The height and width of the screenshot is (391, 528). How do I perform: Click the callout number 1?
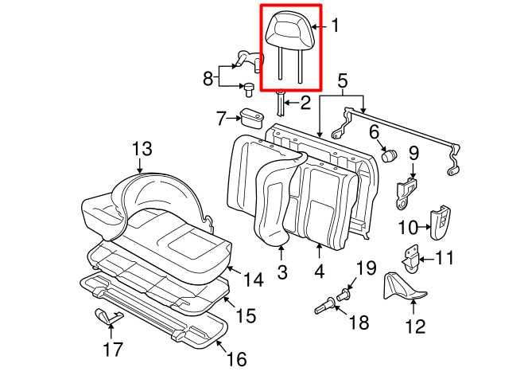[x=335, y=26]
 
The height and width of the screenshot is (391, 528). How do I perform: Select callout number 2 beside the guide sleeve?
[x=305, y=103]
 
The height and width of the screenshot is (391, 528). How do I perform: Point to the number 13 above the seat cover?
[x=141, y=148]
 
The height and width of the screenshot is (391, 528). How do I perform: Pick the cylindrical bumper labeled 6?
[x=390, y=154]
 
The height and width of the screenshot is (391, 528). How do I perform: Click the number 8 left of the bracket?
[x=208, y=78]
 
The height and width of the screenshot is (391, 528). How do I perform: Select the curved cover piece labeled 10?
[x=440, y=224]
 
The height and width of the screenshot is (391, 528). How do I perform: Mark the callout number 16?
[x=236, y=359]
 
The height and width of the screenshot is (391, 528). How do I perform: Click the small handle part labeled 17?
[x=107, y=316]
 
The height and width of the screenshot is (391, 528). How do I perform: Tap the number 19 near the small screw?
[x=365, y=268]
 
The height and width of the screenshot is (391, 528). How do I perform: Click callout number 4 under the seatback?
[x=320, y=272]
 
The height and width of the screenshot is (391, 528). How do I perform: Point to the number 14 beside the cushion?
[x=253, y=280]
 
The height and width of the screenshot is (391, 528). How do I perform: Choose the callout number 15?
[x=246, y=316]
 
